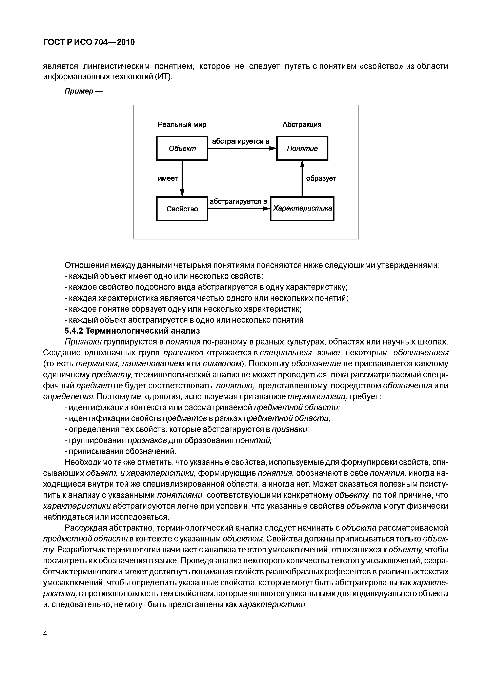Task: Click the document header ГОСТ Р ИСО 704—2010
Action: [89, 42]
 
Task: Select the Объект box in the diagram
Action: [182, 148]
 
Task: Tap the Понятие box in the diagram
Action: [302, 148]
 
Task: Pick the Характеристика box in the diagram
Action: [302, 209]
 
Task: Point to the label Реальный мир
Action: [182, 124]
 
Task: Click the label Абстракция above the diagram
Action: [302, 124]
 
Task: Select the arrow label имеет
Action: [168, 178]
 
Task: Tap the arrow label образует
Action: [321, 178]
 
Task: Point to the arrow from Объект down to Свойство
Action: [182, 178]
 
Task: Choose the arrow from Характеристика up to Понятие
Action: [302, 178]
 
